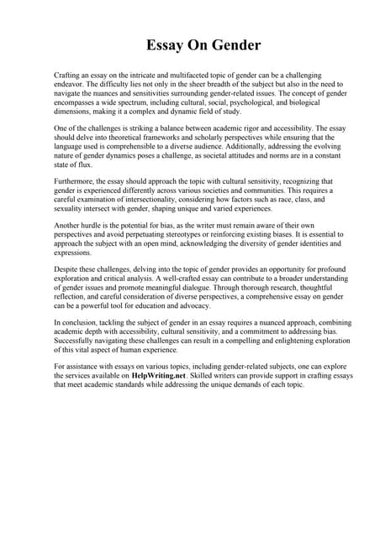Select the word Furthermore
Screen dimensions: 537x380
pos(78,182)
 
